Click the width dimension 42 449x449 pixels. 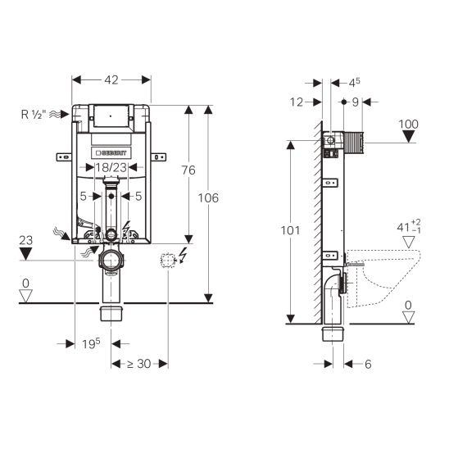(111, 80)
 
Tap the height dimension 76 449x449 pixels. (188, 170)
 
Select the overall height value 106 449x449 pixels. (208, 197)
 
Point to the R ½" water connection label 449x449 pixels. (34, 115)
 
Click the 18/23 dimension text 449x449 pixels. (111, 167)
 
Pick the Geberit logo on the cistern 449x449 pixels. (111, 153)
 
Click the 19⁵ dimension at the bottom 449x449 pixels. (91, 343)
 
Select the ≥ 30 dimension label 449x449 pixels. (139, 364)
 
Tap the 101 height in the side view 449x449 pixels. (290, 230)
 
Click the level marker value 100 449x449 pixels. (409, 125)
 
